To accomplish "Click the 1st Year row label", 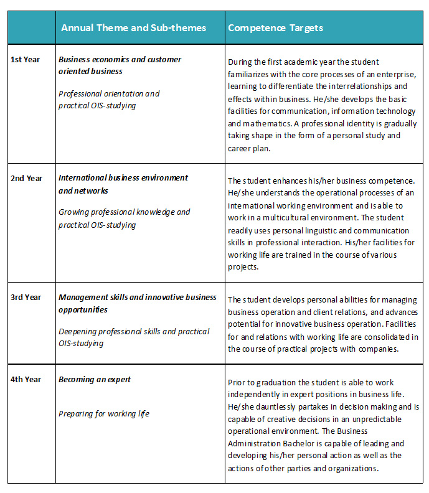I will [x=26, y=60].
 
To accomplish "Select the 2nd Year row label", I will [x=27, y=178].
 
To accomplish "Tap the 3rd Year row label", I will [x=26, y=297].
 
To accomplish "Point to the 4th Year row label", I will [x=26, y=379].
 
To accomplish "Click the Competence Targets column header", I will [x=275, y=28].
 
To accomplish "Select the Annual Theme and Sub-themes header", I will [x=133, y=28].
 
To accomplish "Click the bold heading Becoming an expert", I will [x=95, y=379].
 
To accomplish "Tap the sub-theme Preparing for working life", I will [x=104, y=413].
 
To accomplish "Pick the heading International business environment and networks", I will [x=123, y=184].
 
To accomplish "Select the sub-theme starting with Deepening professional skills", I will [x=133, y=337].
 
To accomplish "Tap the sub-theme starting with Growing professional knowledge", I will [x=124, y=218].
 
